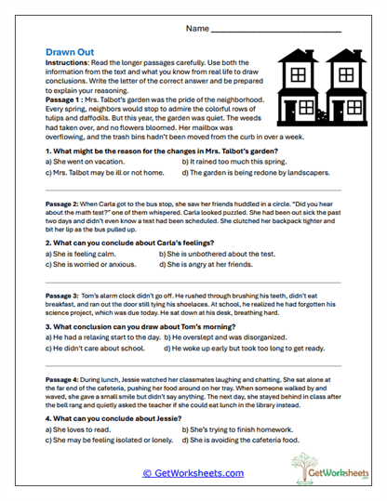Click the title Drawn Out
click(x=71, y=53)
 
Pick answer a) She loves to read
click(x=81, y=430)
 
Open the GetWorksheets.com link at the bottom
click(x=193, y=473)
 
